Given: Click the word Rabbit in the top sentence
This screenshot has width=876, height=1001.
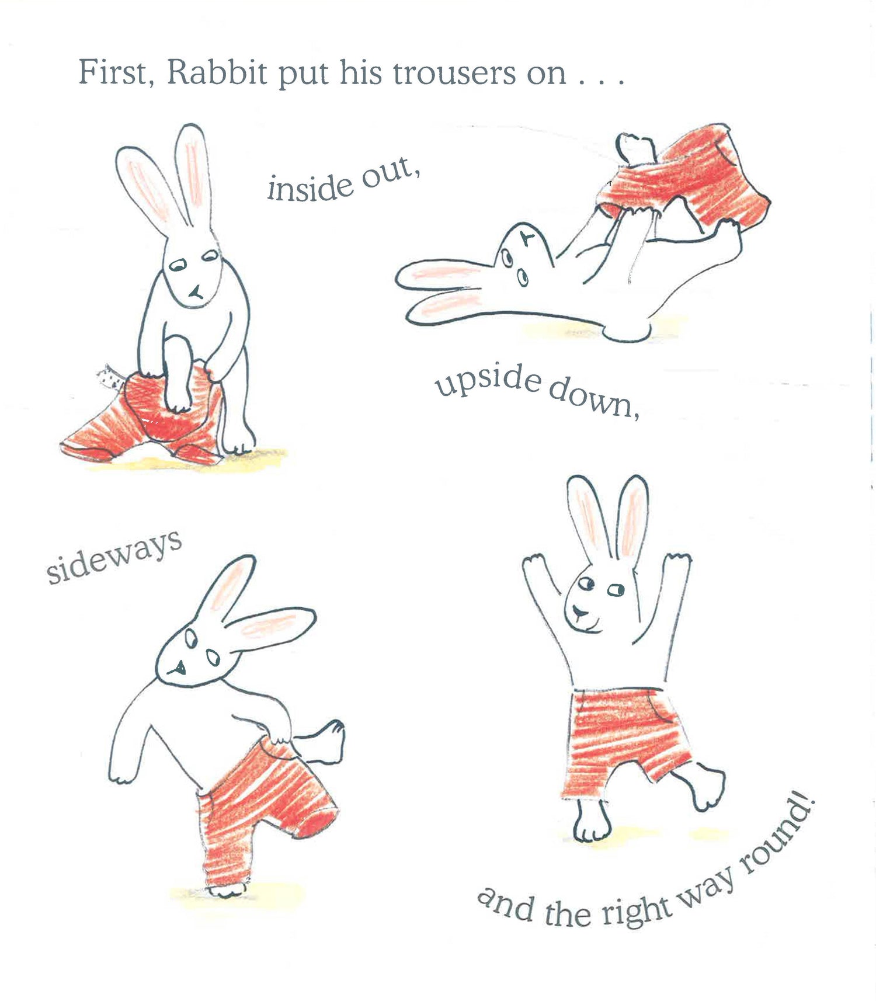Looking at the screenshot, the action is pyautogui.click(x=217, y=73).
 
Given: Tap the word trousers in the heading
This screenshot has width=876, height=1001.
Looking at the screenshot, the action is pyautogui.click(x=454, y=74).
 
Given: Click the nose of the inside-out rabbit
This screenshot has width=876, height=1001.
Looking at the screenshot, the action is pyautogui.click(x=195, y=291).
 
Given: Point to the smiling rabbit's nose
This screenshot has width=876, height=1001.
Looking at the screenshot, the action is pyautogui.click(x=580, y=612).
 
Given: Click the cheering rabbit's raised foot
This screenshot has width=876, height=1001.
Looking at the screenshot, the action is pyautogui.click(x=704, y=785).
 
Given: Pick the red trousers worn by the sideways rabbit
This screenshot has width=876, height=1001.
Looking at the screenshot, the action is pyautogui.click(x=263, y=812).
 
